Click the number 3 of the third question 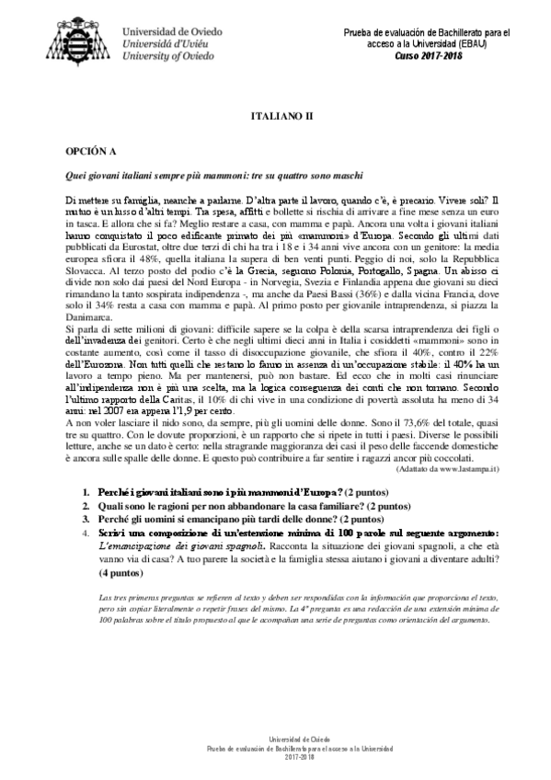86,519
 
